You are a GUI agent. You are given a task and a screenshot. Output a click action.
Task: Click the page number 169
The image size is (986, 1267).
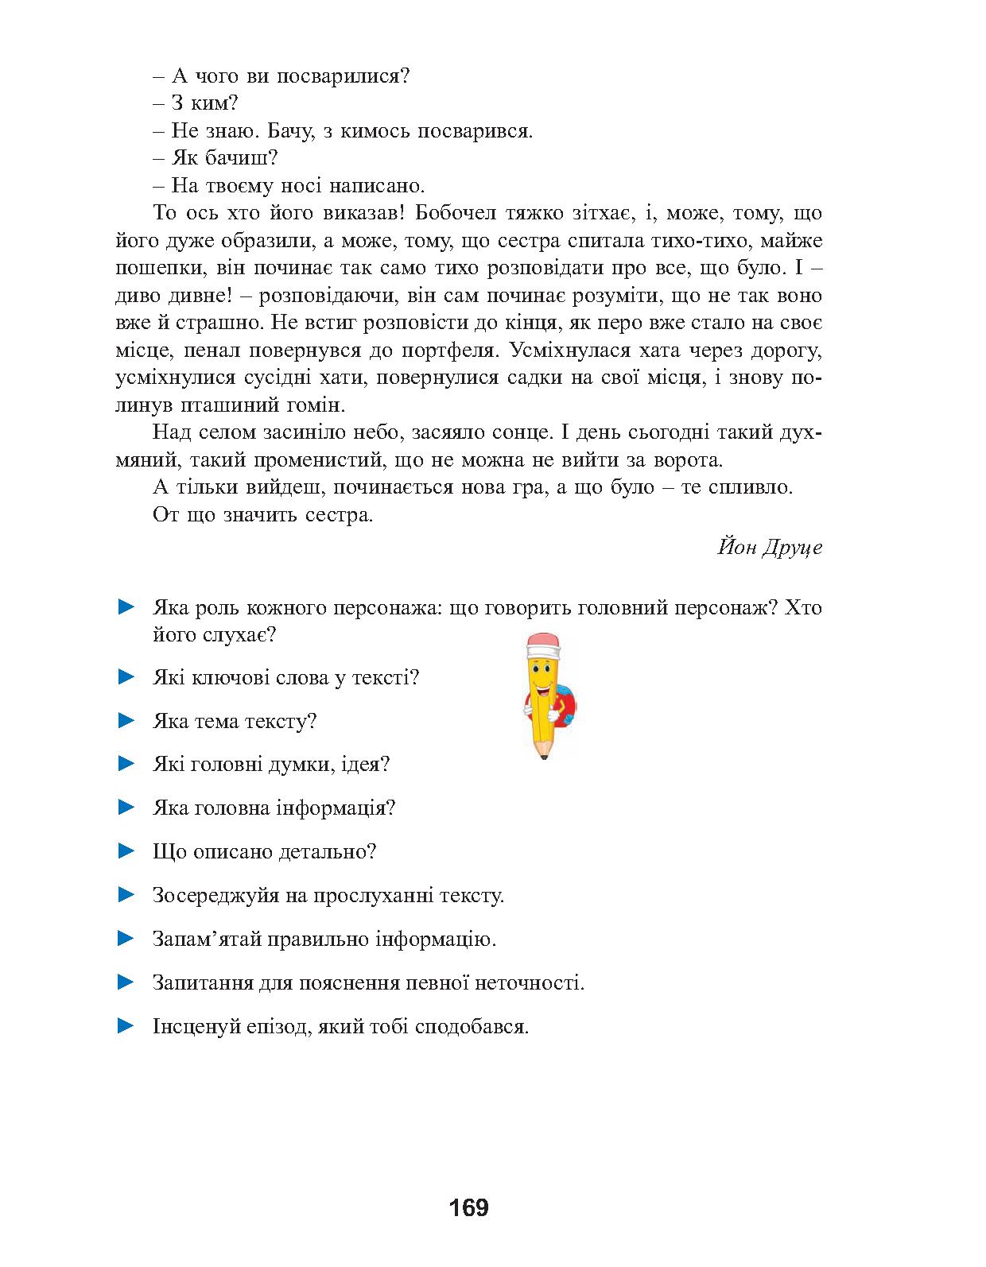tap(468, 1208)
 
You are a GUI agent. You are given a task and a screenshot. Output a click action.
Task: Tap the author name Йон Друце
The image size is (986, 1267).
tap(770, 548)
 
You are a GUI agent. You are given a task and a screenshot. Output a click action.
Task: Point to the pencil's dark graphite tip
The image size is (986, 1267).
tap(545, 756)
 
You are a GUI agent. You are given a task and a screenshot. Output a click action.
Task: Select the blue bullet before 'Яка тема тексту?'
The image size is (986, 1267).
tap(126, 721)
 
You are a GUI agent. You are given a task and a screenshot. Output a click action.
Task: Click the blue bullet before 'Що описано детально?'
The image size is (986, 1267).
tap(126, 851)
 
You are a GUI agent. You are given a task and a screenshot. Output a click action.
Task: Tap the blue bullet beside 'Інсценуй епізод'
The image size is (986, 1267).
tap(126, 1025)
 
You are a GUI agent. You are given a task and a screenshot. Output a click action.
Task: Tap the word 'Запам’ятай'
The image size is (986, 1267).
tap(203, 940)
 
